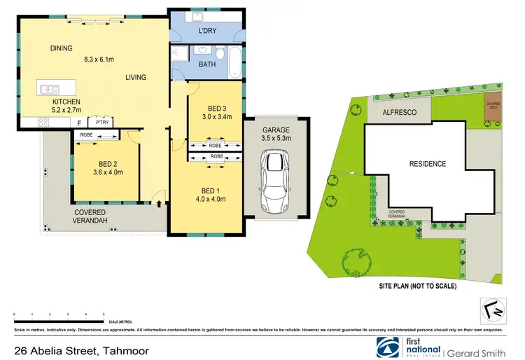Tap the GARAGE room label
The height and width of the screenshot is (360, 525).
click(x=276, y=131)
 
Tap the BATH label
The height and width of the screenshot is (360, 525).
click(x=206, y=64)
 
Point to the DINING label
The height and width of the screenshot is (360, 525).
click(x=62, y=48)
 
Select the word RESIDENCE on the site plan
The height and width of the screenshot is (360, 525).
click(x=427, y=164)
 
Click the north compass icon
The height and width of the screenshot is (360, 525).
click(x=491, y=307)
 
